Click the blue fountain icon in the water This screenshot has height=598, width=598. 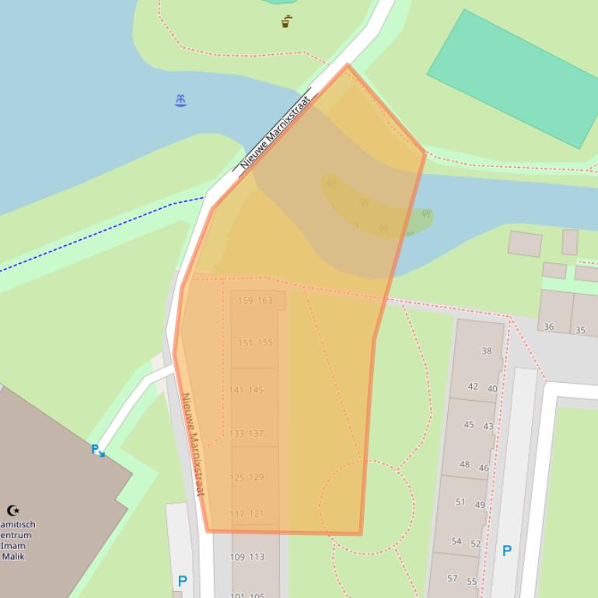[x=180, y=100]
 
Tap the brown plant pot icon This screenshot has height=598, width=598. [x=287, y=22]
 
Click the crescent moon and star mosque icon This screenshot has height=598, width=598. [x=13, y=510]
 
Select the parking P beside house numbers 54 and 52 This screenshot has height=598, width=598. [x=506, y=551]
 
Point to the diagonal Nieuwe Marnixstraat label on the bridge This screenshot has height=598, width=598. [x=276, y=132]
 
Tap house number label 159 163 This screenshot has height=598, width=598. [x=255, y=301]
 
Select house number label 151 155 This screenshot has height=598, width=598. [x=255, y=342]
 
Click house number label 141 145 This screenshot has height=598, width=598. [x=246, y=390]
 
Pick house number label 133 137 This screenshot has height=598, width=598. [x=247, y=433]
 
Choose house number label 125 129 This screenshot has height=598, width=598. [x=247, y=477]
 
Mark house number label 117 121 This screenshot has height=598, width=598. [x=247, y=513]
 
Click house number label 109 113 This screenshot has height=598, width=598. [x=247, y=557]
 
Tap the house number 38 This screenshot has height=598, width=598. [x=486, y=351]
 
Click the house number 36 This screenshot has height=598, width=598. [x=548, y=327]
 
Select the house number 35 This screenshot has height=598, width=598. [x=580, y=330]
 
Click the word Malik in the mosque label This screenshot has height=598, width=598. [x=13, y=556]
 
